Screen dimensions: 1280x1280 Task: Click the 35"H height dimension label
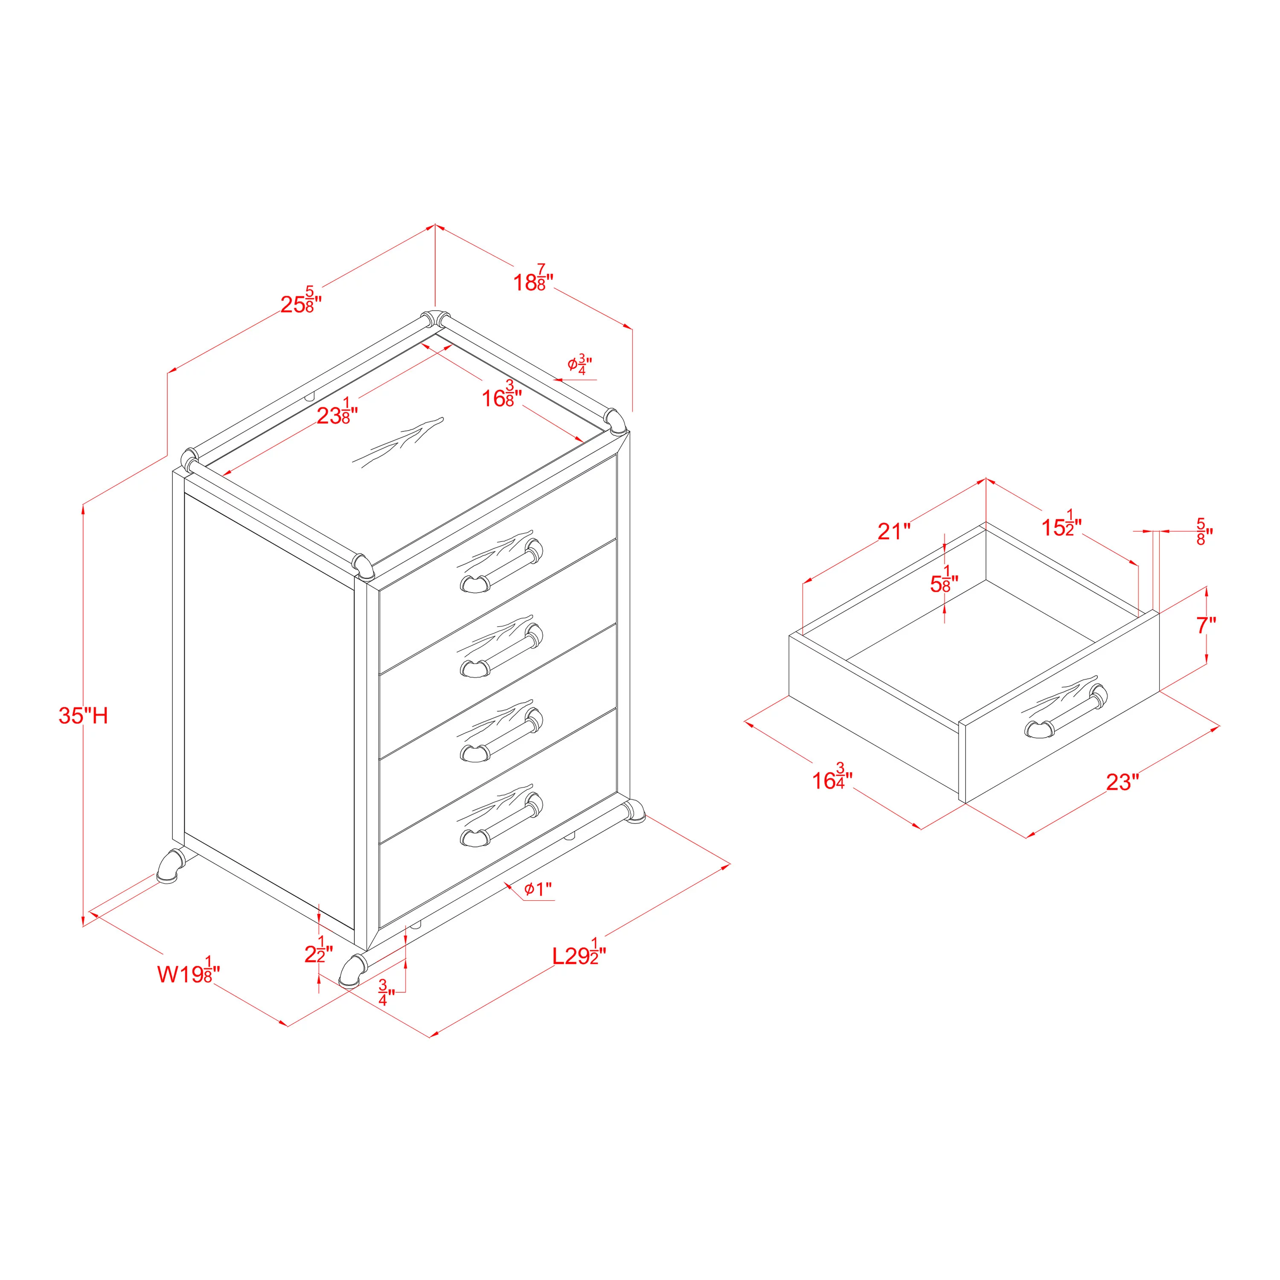click(x=84, y=716)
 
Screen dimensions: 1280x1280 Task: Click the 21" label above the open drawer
click(x=894, y=531)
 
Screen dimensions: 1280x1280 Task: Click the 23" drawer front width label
click(x=1122, y=782)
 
